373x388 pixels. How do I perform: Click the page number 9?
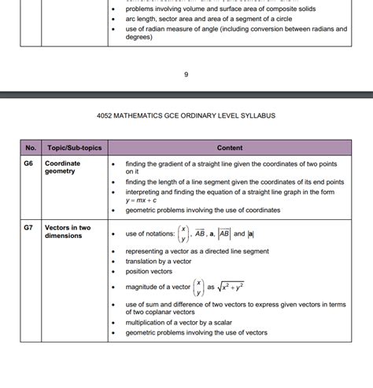click(186, 75)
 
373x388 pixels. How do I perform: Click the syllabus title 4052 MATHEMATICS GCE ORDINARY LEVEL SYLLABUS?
click(186, 116)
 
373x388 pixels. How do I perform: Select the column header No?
click(31, 148)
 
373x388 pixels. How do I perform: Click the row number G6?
click(29, 163)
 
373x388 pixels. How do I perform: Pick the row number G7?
click(29, 228)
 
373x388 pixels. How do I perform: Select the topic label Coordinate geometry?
click(63, 168)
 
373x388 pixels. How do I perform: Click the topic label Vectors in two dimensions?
click(68, 232)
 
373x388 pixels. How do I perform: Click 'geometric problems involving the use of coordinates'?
click(202, 210)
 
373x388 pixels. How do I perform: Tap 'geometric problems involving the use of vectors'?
click(196, 333)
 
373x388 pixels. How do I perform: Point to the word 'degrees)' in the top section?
click(139, 38)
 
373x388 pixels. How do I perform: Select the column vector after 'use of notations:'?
click(183, 233)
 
